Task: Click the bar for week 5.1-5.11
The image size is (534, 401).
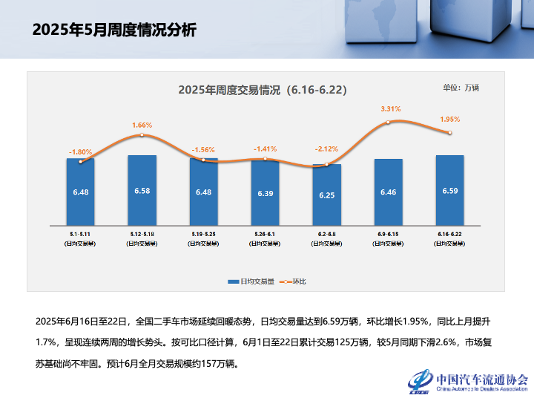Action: coord(80,192)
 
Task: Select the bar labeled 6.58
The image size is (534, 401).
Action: coord(142,190)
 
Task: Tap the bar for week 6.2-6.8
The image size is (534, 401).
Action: coord(326,195)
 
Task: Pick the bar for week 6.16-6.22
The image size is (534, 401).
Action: coord(449,190)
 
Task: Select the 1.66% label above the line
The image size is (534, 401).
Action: coord(142,125)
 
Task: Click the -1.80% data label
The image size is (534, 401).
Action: coord(81,151)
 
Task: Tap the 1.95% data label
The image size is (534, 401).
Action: coord(450,119)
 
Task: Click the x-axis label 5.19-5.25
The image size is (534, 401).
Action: coord(203,235)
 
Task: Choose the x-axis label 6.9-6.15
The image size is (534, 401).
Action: coord(388,235)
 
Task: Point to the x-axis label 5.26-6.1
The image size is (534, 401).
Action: coord(265,235)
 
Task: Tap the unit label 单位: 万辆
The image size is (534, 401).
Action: coord(461,88)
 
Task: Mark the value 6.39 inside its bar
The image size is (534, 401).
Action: coord(265,193)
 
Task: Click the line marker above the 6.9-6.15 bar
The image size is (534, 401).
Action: coord(388,122)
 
